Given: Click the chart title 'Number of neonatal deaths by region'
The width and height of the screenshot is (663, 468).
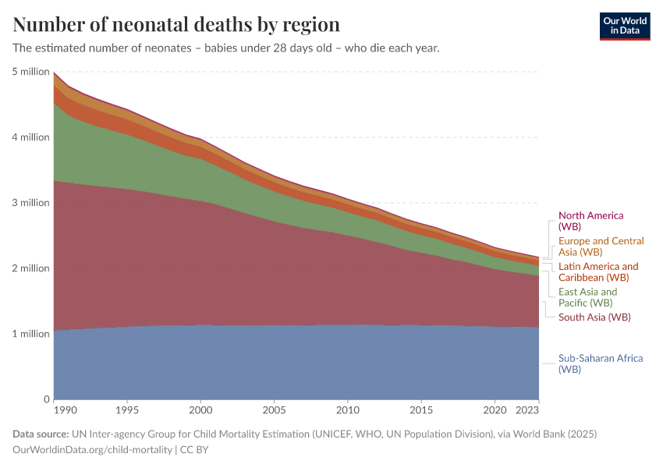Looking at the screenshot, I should pyautogui.click(x=176, y=23).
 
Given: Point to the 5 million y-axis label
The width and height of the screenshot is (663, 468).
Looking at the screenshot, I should pyautogui.click(x=30, y=72).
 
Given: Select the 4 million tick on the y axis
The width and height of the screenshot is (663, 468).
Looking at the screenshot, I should pyautogui.click(x=30, y=137).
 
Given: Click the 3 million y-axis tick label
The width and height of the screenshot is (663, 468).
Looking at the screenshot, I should pyautogui.click(x=30, y=203).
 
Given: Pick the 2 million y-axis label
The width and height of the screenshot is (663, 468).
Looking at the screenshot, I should pyautogui.click(x=30, y=268).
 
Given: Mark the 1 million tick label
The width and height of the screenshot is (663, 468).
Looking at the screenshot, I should pyautogui.click(x=30, y=334).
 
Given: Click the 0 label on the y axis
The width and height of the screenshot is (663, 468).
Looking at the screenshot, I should pyautogui.click(x=47, y=399).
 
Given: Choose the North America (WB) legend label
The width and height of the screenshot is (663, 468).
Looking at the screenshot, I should pyautogui.click(x=590, y=221).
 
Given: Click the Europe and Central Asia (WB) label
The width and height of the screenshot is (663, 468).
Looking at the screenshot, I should pyautogui.click(x=601, y=246).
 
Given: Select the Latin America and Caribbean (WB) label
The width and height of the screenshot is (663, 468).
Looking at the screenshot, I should pyautogui.click(x=597, y=271).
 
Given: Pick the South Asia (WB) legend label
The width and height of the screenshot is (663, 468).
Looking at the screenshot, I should pyautogui.click(x=594, y=317).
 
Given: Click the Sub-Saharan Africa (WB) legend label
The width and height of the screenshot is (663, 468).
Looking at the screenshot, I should pyautogui.click(x=600, y=363).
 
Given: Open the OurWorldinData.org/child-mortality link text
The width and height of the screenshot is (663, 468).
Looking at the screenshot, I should pyautogui.click(x=93, y=449).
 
